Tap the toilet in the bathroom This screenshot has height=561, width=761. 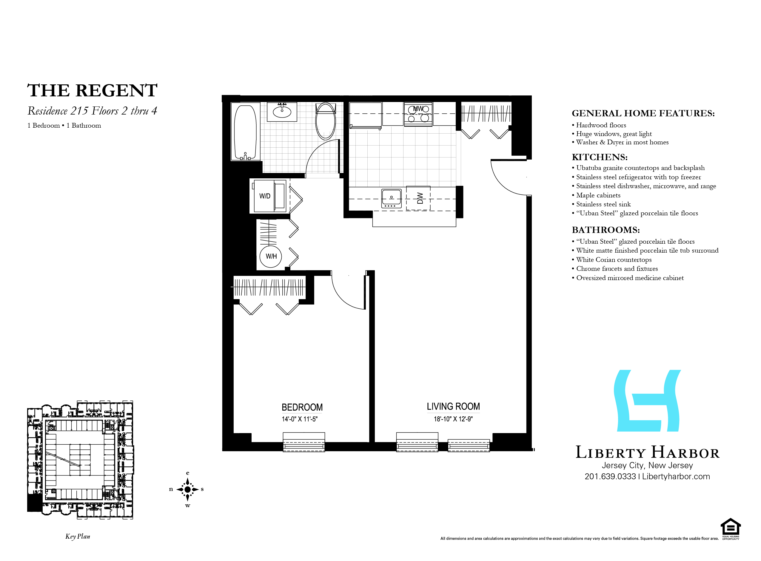click(x=326, y=121)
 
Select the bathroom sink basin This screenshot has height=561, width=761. click(x=282, y=111)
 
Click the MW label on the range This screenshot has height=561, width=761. click(x=418, y=109)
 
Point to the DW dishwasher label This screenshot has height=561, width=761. click(x=420, y=198)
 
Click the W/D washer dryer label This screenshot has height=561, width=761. click(x=265, y=196)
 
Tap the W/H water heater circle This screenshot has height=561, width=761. click(x=271, y=256)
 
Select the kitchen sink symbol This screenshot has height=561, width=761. click(x=391, y=199)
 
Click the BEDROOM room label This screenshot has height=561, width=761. click(x=302, y=407)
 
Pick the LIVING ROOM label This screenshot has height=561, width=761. click(x=453, y=407)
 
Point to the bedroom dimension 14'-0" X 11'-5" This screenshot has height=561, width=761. click(x=300, y=419)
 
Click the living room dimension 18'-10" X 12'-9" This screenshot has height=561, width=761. click(x=453, y=419)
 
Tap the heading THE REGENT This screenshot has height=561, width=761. click(x=93, y=90)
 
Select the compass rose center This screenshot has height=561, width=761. click(x=187, y=489)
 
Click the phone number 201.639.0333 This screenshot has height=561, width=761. click(x=610, y=476)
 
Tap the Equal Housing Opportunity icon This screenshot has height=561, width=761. click(x=731, y=528)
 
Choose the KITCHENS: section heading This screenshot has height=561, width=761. click(x=600, y=157)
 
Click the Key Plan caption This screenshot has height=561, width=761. click(x=78, y=537)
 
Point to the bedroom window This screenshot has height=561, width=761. click(x=304, y=442)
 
